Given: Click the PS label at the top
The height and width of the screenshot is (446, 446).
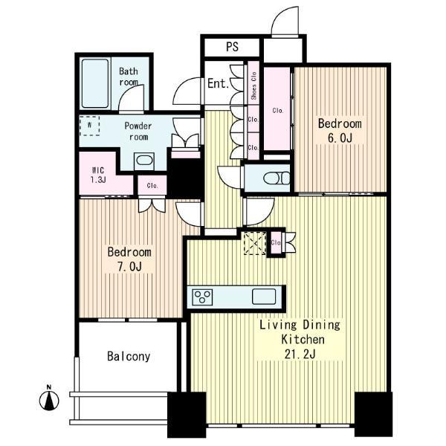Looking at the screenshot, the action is pyautogui.click(x=232, y=47).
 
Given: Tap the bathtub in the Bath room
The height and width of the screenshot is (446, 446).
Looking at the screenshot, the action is pyautogui.click(x=95, y=83).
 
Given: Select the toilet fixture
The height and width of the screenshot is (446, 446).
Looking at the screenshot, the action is pyautogui.click(x=277, y=178).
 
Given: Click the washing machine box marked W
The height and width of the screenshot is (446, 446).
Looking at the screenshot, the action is pyautogui.click(x=90, y=126).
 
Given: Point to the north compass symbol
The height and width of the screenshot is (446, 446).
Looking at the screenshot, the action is pyautogui.click(x=49, y=398).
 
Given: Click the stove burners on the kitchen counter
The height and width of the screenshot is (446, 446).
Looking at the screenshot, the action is pyautogui.click(x=202, y=297).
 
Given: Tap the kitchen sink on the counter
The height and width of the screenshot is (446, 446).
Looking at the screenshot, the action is pyautogui.click(x=264, y=297).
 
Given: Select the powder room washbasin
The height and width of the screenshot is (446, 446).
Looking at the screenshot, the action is pyautogui.click(x=144, y=161).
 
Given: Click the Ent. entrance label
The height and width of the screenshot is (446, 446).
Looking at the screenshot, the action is pyautogui.click(x=218, y=83).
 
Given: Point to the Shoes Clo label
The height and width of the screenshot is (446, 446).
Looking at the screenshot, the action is pyautogui.click(x=253, y=85).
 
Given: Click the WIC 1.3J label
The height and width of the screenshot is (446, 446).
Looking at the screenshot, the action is pyautogui.click(x=98, y=175).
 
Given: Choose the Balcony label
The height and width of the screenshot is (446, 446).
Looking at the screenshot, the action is pyautogui.click(x=129, y=356).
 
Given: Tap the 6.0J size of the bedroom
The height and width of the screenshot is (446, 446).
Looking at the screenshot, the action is pyautogui.click(x=340, y=138).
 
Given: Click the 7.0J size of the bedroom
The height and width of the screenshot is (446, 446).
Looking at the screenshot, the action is pyautogui.click(x=129, y=267).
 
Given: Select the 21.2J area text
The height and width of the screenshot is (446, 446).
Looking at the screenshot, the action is pyautogui.click(x=300, y=354).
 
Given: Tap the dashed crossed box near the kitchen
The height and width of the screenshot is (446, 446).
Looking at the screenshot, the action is pyautogui.click(x=255, y=243).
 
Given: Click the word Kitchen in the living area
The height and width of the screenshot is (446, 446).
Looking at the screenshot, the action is pyautogui.click(x=303, y=340).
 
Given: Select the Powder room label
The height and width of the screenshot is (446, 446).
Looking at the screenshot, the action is pyautogui.click(x=138, y=131).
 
